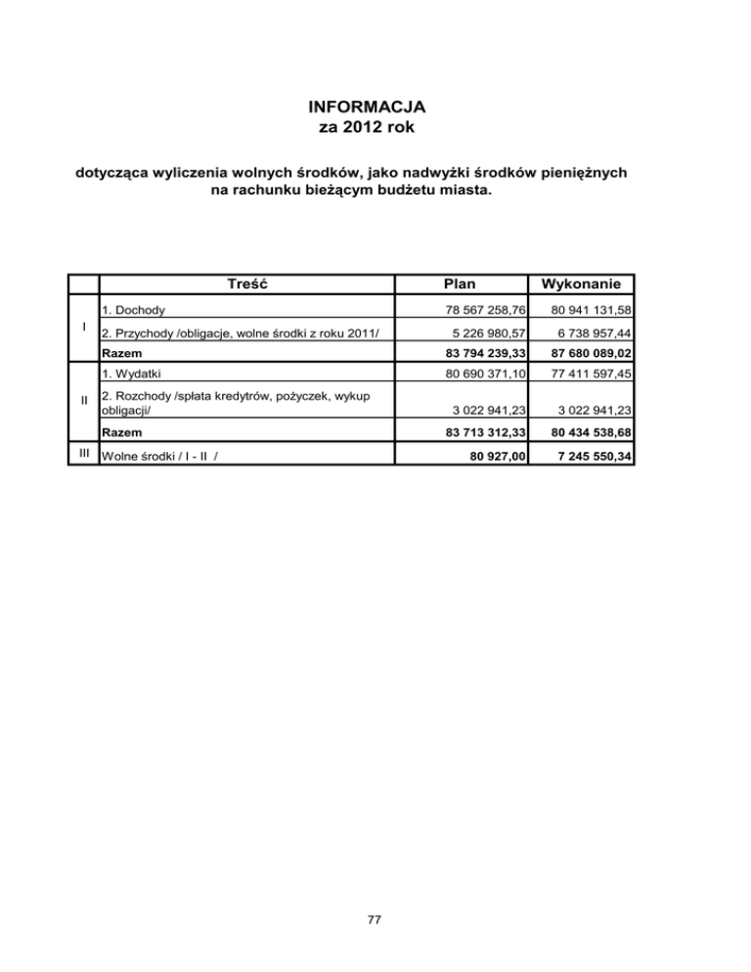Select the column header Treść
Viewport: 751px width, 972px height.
pos(246,284)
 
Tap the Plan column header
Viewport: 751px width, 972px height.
pos(459,284)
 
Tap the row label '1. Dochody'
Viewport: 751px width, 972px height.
pos(134,310)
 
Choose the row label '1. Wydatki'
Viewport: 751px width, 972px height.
pos(132,374)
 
